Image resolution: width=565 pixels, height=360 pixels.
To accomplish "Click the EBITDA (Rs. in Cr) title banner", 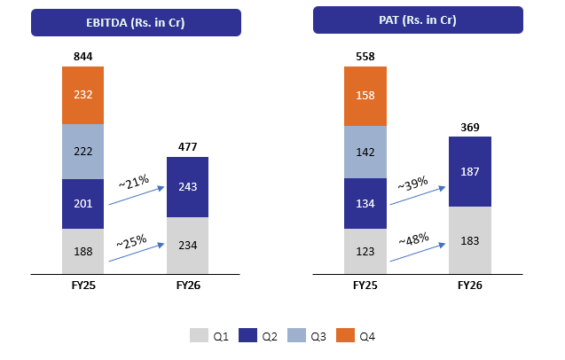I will click(136, 22).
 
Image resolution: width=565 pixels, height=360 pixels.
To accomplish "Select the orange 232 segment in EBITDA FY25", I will click(83, 95).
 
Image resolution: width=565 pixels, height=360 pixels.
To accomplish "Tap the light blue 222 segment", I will click(83, 153).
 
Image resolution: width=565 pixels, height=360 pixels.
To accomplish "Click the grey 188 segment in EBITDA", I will click(83, 252).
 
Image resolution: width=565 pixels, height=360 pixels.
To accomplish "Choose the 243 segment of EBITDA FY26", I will click(187, 187).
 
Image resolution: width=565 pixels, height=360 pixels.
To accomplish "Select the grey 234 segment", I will click(187, 246).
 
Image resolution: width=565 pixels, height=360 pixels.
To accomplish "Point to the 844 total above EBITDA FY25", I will click(83, 56).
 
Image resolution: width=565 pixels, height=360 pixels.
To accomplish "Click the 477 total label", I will click(187, 147).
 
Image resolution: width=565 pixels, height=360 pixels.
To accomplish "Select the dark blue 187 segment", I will click(469, 171).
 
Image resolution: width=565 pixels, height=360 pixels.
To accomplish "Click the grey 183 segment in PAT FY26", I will click(469, 240).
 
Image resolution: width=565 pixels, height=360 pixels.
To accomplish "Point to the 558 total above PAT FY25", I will click(365, 56).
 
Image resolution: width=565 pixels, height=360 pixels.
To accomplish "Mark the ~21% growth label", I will click(136, 183).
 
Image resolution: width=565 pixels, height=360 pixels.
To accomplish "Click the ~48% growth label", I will click(415, 239).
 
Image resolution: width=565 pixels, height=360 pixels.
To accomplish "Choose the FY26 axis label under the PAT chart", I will click(469, 286).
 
